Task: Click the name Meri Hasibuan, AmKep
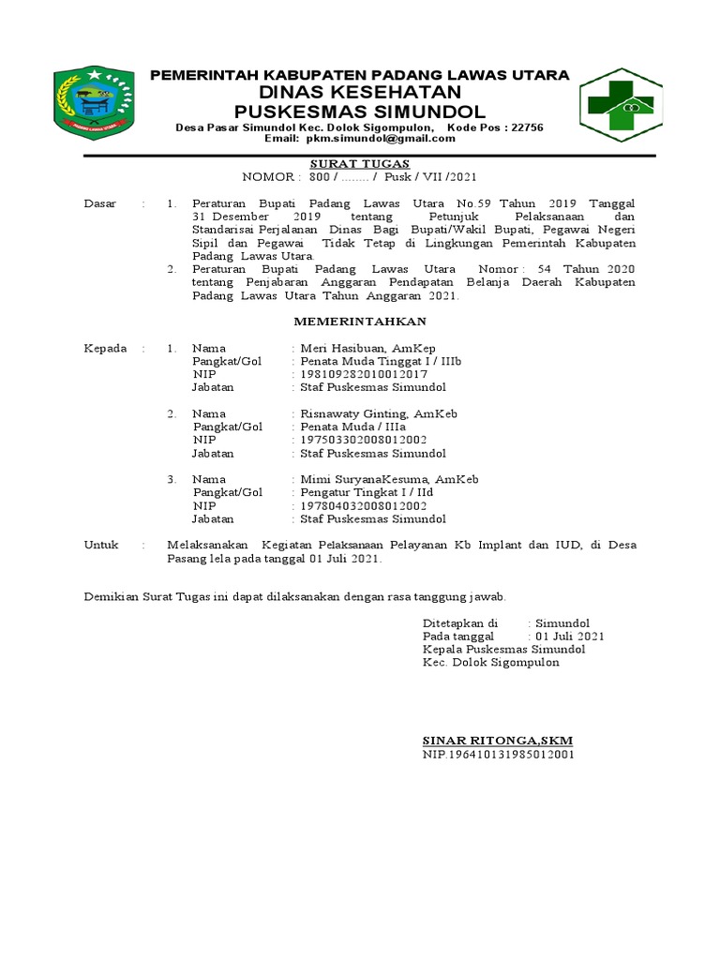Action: (x=367, y=348)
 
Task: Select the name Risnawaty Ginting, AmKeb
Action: (x=378, y=413)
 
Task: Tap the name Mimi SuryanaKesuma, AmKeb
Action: (x=389, y=479)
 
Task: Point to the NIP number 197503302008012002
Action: (x=364, y=440)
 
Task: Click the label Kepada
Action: (x=105, y=348)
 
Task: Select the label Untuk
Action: (x=101, y=545)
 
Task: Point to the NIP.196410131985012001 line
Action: (x=498, y=754)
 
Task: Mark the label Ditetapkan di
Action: (x=459, y=622)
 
